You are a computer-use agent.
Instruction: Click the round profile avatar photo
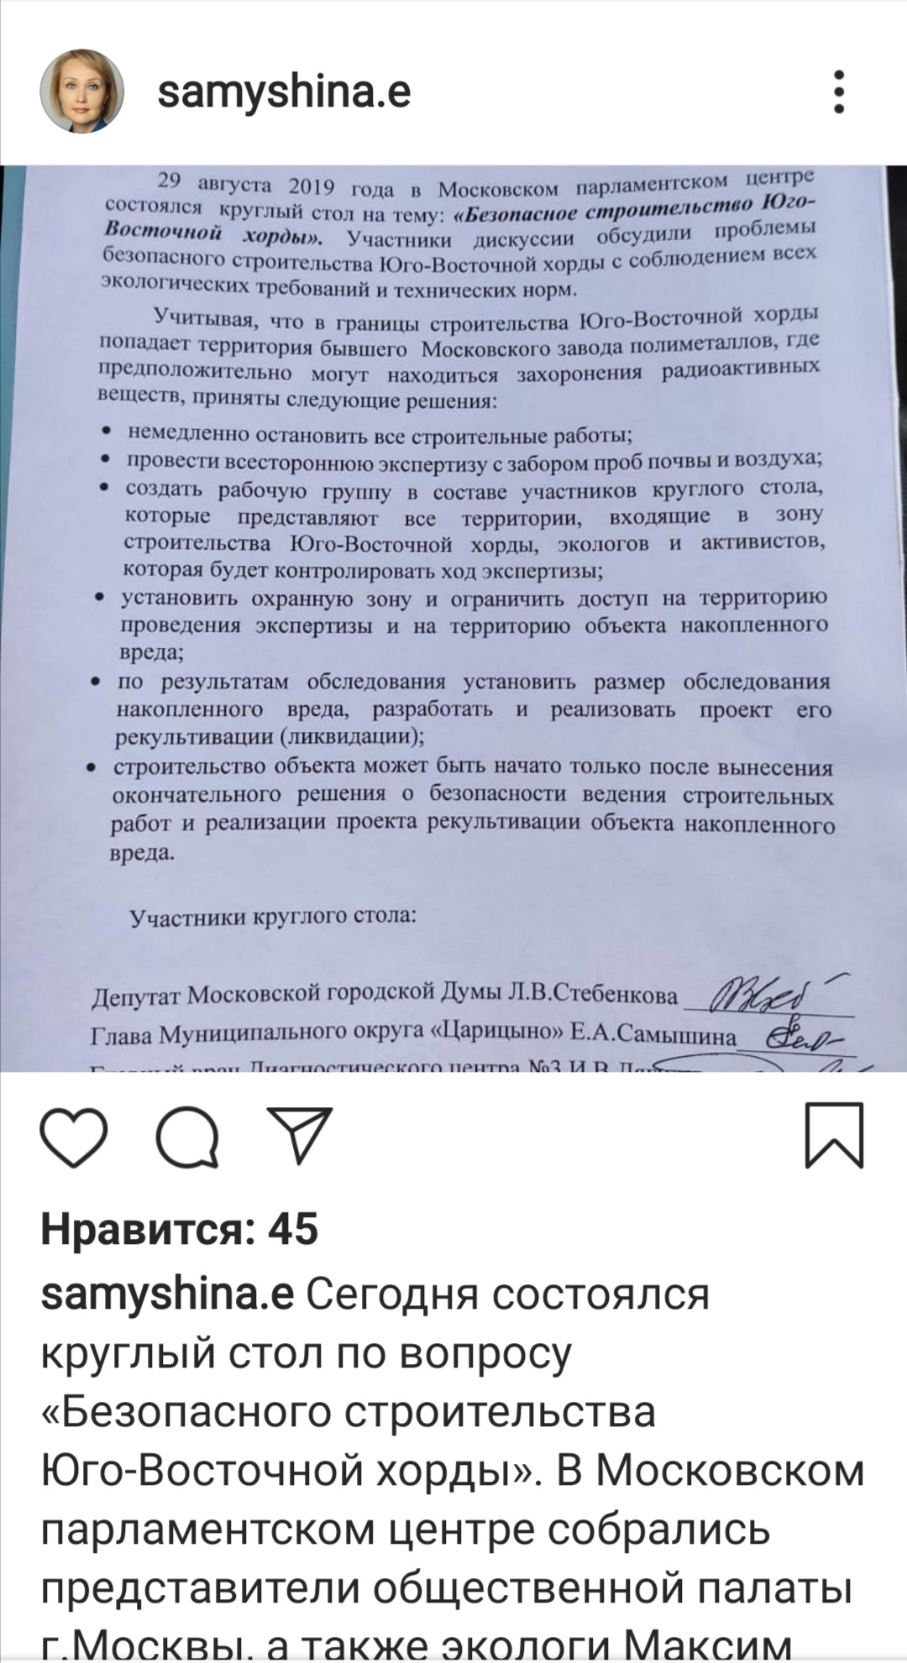click(x=81, y=91)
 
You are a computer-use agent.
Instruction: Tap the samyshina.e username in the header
click(x=284, y=91)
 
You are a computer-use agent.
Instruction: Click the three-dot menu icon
click(x=838, y=91)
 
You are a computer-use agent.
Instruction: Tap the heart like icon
click(x=74, y=1137)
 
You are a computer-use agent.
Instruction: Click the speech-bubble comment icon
click(x=188, y=1137)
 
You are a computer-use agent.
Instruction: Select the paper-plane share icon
click(x=300, y=1135)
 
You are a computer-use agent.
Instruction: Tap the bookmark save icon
click(x=834, y=1136)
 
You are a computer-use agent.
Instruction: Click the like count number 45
click(x=293, y=1229)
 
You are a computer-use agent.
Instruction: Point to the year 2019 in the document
click(x=311, y=186)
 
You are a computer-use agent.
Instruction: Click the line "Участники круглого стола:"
click(x=272, y=916)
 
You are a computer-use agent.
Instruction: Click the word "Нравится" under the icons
click(x=147, y=1229)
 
